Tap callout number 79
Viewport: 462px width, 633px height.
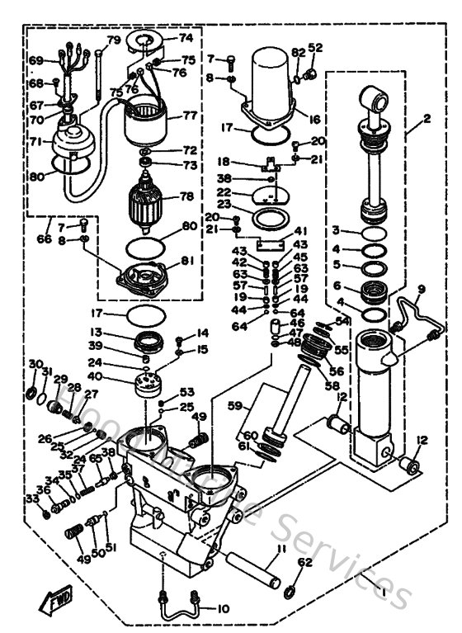pos(113,40)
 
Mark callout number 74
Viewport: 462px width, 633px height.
pos(185,38)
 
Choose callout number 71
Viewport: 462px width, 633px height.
pos(35,142)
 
